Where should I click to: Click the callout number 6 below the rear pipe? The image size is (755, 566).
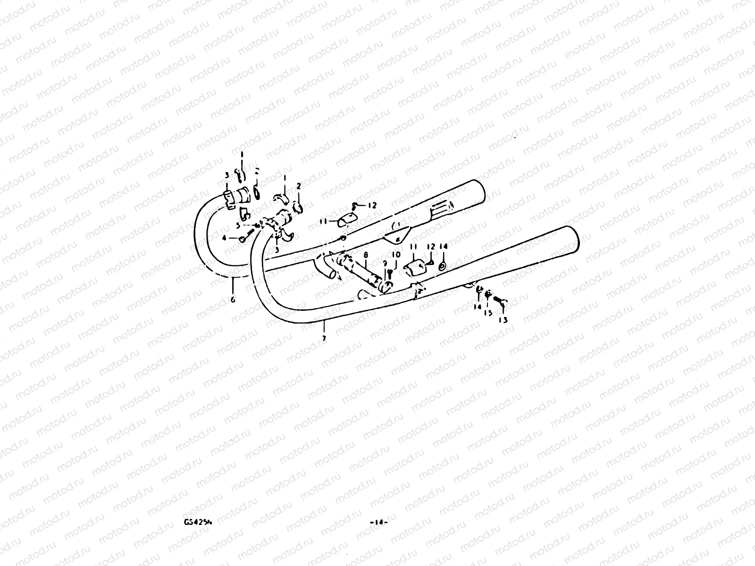point(233,299)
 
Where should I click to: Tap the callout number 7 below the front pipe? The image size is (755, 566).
point(324,339)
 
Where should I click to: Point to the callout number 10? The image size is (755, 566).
point(396,255)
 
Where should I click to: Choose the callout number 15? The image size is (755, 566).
point(489,312)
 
